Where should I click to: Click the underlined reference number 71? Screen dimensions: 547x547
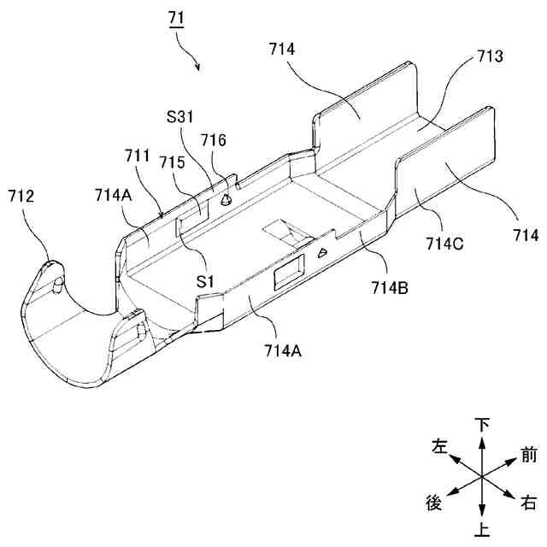179,15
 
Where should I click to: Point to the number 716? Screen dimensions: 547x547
213,139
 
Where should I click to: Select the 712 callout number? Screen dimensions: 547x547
22,196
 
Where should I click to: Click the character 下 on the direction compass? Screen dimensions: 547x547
483,425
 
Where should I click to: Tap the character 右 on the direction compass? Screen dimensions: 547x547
529,504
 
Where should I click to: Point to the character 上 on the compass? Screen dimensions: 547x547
483,532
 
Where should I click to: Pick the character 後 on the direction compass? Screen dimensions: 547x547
433,503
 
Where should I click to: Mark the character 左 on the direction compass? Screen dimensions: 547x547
439,446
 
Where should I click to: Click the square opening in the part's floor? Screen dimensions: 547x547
283,232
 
